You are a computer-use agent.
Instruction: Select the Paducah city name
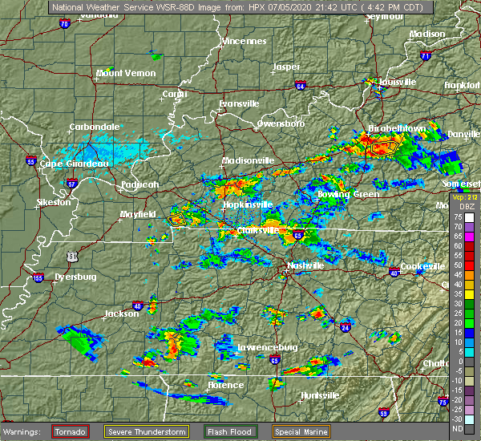coord(140,184)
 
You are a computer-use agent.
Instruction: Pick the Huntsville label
coord(320,396)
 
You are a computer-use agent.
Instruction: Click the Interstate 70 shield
coord(64,24)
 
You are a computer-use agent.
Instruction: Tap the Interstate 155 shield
coord(38,278)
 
